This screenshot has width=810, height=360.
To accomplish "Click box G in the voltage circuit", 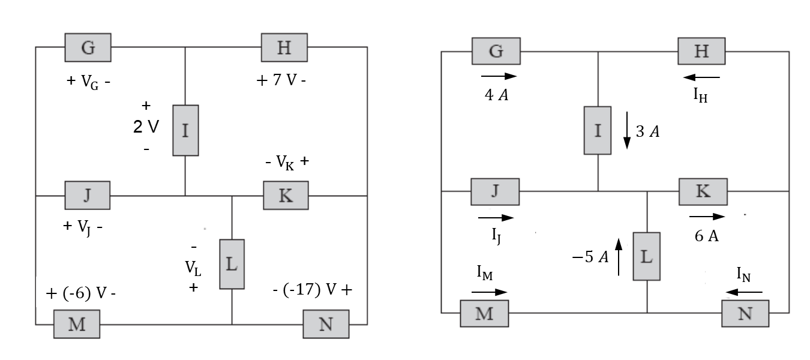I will pos(88,47).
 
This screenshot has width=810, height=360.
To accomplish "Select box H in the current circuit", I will pos(701,51).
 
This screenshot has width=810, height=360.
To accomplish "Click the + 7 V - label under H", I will pos(281,81).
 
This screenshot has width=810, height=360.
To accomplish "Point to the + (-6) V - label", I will pos(80,295).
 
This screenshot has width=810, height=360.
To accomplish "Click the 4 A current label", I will pos(497,95).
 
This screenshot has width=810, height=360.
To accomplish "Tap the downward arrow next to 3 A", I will pos(626,130).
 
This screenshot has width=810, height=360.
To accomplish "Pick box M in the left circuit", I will pos(76,324).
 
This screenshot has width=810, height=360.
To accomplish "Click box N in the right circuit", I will pos(745,314).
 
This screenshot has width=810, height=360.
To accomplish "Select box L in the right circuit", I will pos(646,256).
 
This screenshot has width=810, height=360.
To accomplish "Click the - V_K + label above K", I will pos(286,162).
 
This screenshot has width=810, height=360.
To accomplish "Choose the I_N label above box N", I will pos(745,275).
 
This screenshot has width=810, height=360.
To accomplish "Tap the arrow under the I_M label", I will pos(489,292).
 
